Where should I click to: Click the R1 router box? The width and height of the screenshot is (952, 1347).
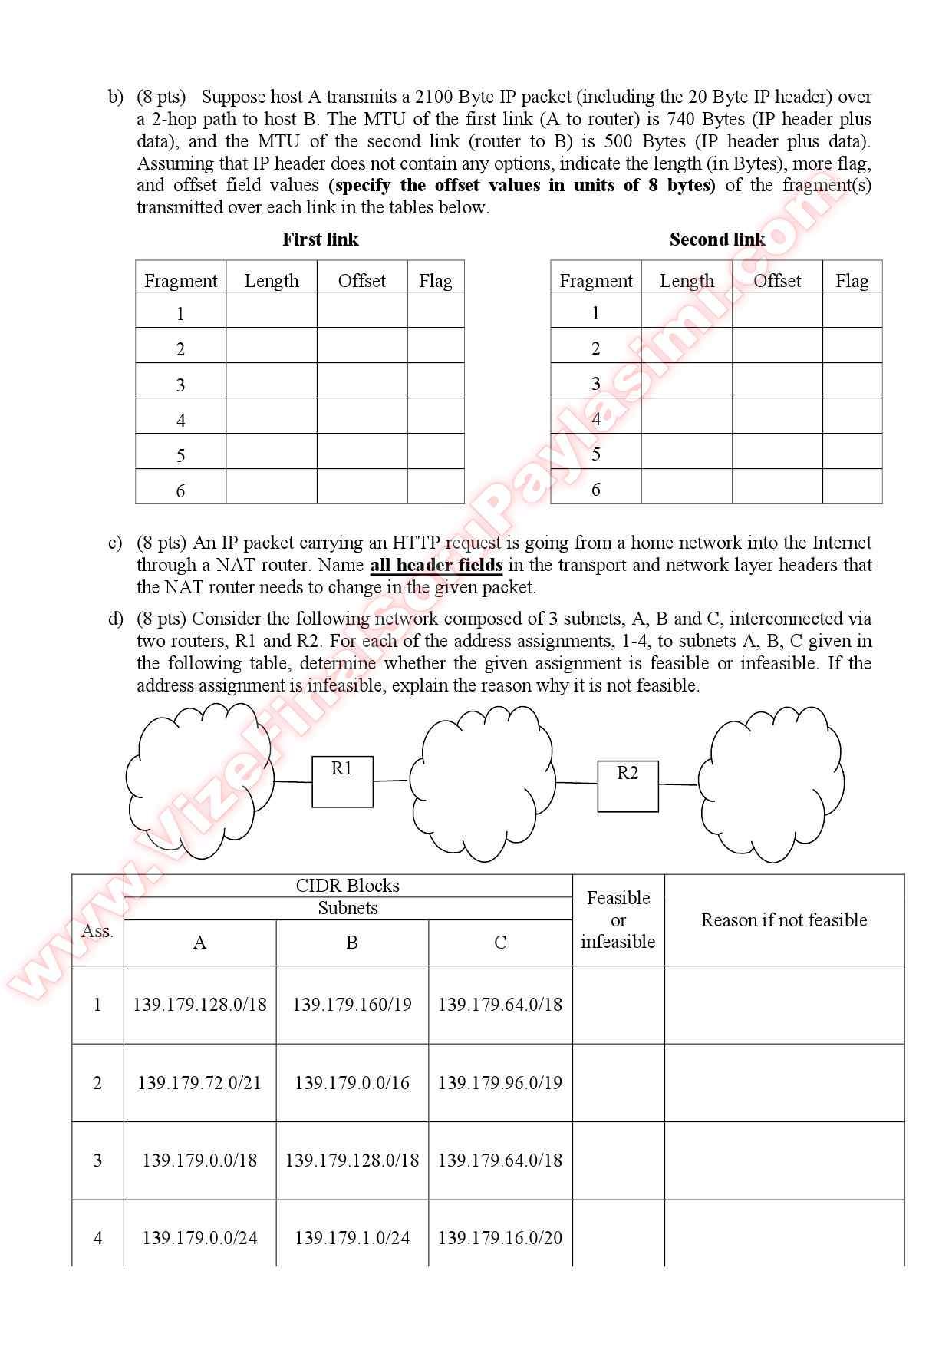[342, 781]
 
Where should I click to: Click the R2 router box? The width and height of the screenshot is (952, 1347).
[628, 785]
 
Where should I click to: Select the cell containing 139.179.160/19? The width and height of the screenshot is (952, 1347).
[352, 1005]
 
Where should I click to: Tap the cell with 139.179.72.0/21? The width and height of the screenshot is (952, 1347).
[199, 1083]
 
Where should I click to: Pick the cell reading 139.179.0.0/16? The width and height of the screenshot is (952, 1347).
[352, 1083]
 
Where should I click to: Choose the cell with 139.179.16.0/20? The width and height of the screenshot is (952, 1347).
[500, 1238]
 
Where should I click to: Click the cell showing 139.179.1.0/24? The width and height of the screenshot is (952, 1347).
[352, 1238]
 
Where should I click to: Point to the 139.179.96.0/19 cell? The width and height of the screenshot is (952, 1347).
[500, 1083]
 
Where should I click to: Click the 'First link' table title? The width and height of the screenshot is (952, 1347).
[320, 239]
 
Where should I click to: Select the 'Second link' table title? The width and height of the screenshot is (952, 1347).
[716, 239]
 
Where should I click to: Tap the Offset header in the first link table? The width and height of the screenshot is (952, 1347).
[362, 281]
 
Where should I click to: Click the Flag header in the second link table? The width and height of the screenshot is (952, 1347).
[852, 281]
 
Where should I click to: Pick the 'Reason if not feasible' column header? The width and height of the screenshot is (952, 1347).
[784, 920]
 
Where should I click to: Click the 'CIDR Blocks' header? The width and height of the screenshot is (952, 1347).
[348, 886]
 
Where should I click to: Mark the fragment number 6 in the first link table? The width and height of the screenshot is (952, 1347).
[180, 491]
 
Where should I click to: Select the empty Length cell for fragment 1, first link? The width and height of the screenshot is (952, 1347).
[272, 311]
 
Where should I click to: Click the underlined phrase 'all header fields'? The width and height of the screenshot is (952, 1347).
[436, 566]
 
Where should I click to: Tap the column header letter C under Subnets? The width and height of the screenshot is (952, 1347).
[500, 943]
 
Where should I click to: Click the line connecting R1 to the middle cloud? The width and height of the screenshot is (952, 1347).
[390, 781]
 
